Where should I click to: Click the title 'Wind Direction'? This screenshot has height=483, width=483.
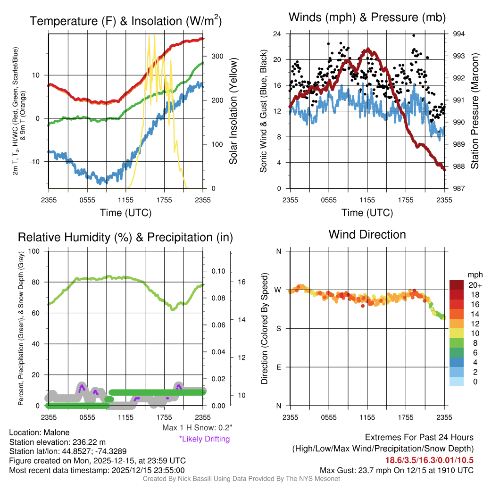click(x=367, y=234)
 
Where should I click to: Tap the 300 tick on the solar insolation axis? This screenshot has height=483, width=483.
click(x=217, y=56)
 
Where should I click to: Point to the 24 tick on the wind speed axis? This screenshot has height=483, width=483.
click(x=277, y=34)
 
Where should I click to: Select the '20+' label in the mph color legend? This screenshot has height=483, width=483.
click(x=474, y=285)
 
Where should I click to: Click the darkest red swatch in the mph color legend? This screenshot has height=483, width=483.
click(x=457, y=285)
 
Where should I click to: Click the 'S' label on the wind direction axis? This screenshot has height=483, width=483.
click(x=279, y=328)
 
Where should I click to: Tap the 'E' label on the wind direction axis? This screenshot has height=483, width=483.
click(x=279, y=367)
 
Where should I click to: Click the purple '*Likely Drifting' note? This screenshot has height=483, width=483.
click(x=204, y=439)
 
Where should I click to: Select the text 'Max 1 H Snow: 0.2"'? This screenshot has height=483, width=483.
click(x=196, y=428)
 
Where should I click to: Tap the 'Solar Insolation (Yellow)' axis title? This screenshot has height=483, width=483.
click(x=233, y=111)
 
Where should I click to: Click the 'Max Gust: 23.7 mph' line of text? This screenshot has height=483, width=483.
click(x=396, y=470)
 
